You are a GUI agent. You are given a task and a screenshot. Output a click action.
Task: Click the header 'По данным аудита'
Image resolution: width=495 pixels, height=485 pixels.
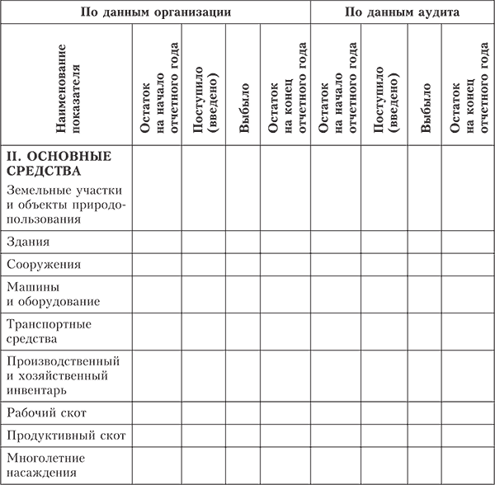(402, 12)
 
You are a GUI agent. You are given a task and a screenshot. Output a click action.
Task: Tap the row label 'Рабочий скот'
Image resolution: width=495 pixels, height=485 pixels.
(46, 411)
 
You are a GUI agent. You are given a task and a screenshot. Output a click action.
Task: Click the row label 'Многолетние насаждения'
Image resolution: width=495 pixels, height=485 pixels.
(47, 466)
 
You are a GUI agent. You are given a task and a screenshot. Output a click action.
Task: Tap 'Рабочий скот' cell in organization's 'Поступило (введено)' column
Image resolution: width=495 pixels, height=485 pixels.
(203, 411)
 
